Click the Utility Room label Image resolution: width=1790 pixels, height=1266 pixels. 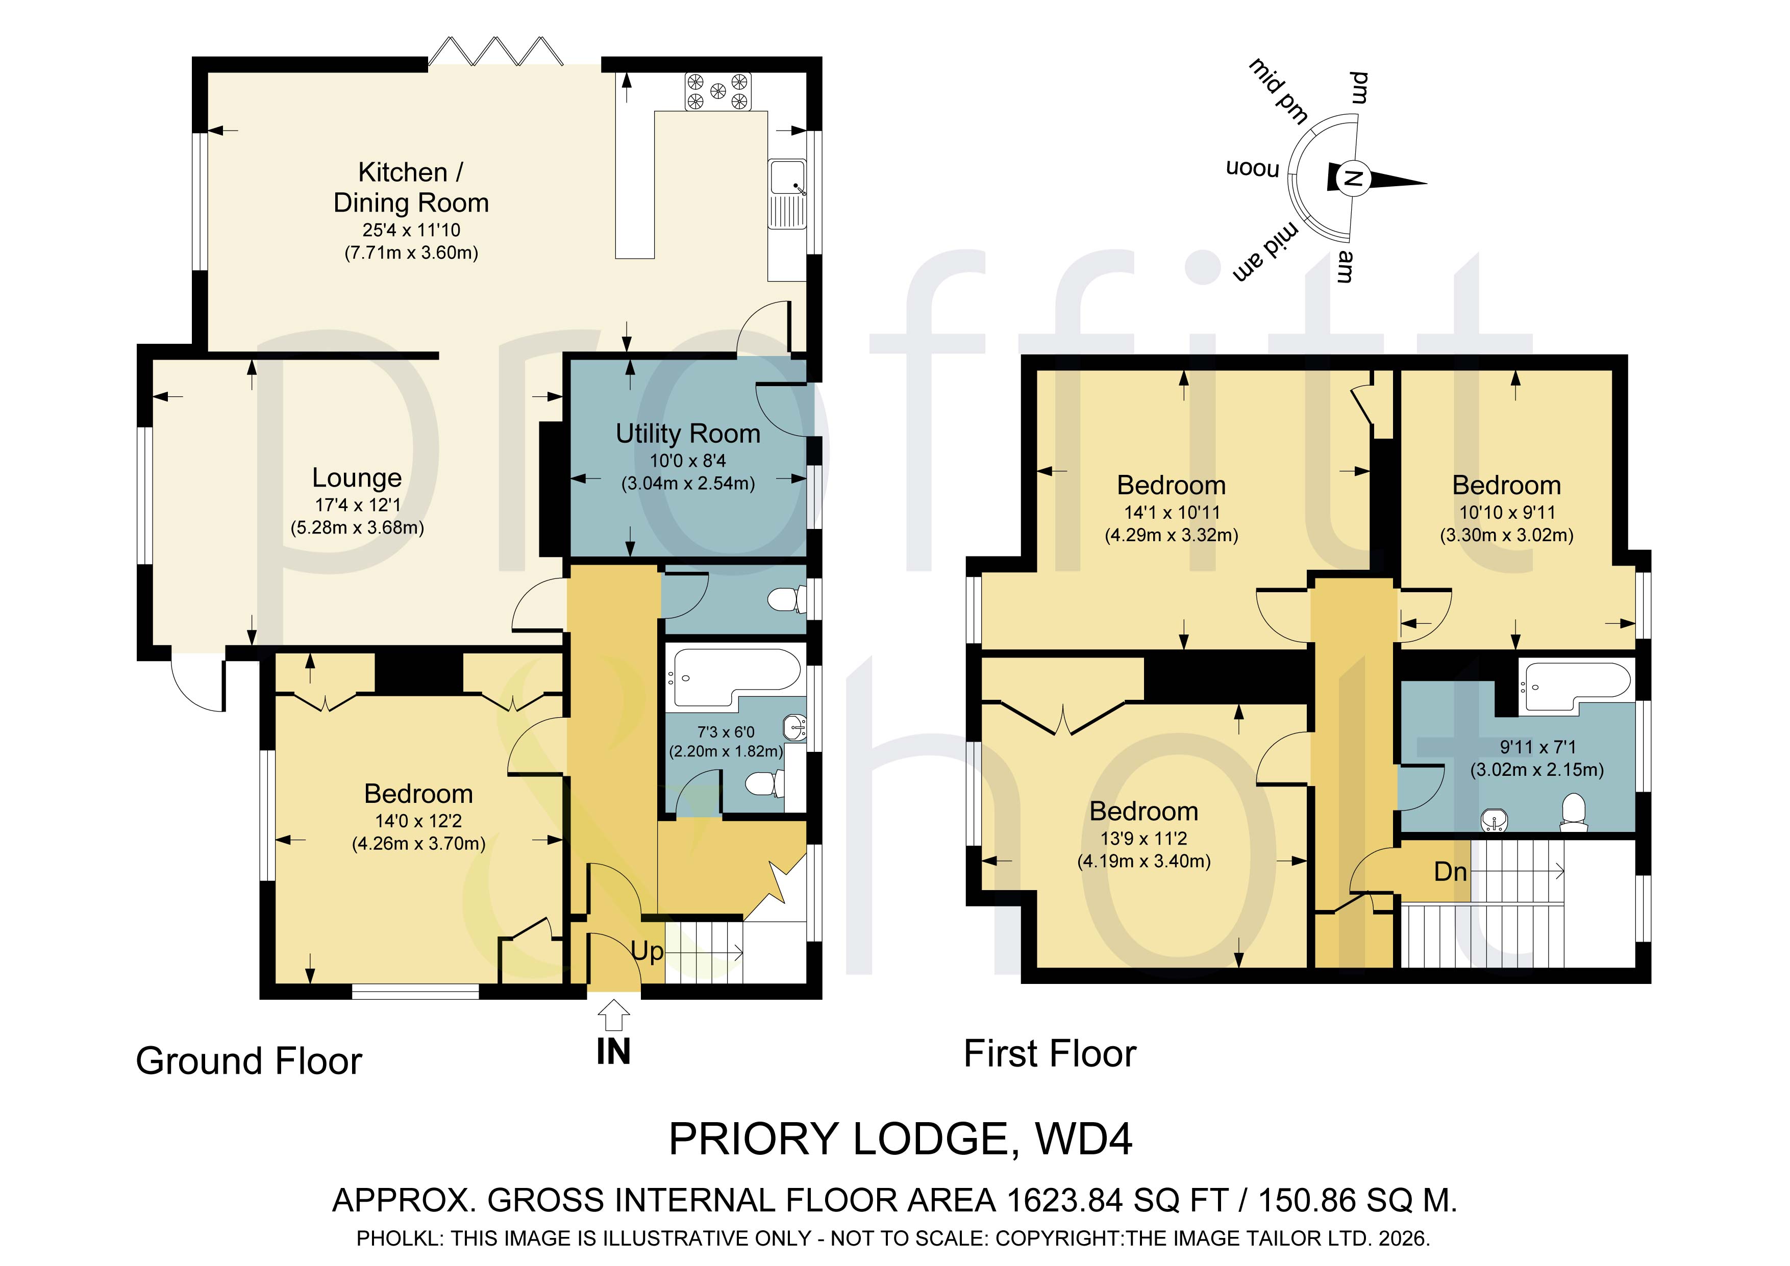point(688,434)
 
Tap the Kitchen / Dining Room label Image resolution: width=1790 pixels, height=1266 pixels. point(411,187)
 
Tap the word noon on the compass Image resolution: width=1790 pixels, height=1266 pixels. point(1253,168)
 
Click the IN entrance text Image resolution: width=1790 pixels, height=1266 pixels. point(613,1052)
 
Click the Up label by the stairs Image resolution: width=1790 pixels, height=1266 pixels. point(647,951)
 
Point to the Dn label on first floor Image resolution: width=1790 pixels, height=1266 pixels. point(1450,872)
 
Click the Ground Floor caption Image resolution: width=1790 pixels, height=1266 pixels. point(248,1061)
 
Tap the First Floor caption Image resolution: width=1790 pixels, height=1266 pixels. point(1050,1054)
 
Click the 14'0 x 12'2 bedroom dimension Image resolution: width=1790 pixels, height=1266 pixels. point(418,821)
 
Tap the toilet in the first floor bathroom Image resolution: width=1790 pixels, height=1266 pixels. point(1574,813)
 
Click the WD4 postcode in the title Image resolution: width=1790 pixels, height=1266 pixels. point(1084,1139)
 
